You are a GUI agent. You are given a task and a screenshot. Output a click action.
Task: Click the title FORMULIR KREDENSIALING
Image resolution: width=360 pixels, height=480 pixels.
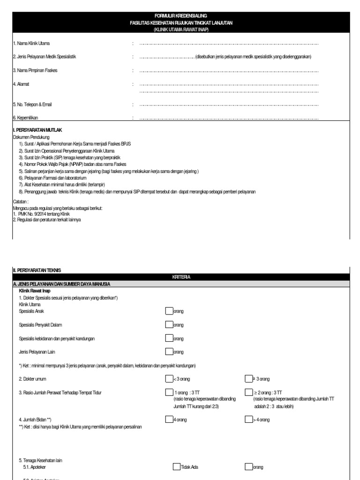tap(180, 16)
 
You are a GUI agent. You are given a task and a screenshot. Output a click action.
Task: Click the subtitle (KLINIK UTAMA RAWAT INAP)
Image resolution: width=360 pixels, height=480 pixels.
tap(180, 30)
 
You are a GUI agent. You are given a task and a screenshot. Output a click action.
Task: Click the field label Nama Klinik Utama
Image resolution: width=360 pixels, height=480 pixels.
tap(31, 43)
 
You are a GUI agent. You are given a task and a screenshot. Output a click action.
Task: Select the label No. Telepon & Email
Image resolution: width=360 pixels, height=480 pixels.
tap(32, 104)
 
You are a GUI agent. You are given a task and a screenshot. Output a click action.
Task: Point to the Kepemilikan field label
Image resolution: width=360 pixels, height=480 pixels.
tap(26, 118)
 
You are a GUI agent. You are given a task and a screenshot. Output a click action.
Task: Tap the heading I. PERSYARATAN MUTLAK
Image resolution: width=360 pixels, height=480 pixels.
tap(37, 130)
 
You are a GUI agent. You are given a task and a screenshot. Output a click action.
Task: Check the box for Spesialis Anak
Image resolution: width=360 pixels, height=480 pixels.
tap(169, 311)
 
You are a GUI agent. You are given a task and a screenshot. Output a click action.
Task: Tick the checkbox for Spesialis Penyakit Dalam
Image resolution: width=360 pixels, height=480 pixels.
tap(169, 324)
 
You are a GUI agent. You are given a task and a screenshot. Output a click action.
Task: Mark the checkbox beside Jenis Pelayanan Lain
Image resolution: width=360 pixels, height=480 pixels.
tap(169, 352)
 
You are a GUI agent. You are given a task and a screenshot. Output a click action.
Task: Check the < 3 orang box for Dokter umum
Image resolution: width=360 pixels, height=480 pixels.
tap(169, 379)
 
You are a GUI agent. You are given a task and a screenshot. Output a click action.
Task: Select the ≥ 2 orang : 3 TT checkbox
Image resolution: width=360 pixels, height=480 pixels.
tap(248, 392)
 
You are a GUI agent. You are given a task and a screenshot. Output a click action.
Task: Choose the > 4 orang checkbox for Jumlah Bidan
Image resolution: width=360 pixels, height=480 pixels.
tap(248, 420)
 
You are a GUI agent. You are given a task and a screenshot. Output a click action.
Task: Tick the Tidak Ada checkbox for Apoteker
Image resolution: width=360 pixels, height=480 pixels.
tap(176, 467)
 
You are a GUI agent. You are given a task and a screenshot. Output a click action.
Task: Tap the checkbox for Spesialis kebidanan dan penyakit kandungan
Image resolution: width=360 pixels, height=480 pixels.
tap(169, 338)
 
